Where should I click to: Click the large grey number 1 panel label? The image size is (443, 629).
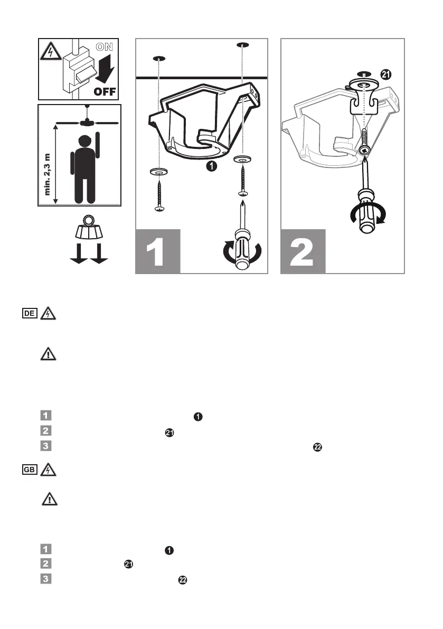(x=157, y=252)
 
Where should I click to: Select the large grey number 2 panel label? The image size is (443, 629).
(x=302, y=252)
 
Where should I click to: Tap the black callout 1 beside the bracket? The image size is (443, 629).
(x=212, y=166)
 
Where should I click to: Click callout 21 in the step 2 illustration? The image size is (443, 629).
(x=387, y=75)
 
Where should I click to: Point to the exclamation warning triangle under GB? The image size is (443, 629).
(x=48, y=499)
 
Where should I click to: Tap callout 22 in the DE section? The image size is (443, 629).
(x=318, y=447)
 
